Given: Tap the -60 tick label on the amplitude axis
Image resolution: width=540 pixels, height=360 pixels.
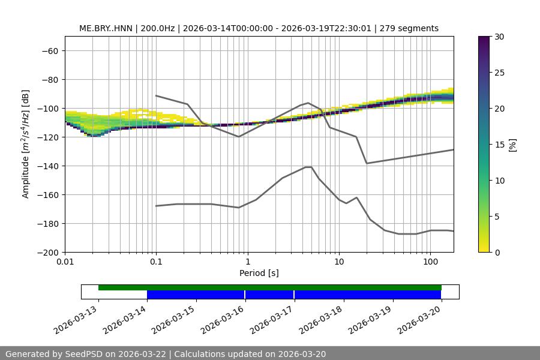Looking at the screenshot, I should click(49, 50).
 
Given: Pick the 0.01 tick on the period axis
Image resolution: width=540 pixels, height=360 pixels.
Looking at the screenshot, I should click(65, 262).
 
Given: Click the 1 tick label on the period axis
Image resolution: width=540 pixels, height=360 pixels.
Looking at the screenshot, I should click(247, 262).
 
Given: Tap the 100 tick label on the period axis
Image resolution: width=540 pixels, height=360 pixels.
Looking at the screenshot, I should click(430, 262).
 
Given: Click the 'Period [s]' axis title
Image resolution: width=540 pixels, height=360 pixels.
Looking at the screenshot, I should click(259, 273).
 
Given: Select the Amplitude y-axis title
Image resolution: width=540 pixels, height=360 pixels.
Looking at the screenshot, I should click(26, 144).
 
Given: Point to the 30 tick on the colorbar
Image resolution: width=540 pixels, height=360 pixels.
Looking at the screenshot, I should click(499, 37).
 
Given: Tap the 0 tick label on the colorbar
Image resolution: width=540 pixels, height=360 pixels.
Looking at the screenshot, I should click(497, 252).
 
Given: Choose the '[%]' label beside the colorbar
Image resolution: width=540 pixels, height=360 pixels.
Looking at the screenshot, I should click(512, 144).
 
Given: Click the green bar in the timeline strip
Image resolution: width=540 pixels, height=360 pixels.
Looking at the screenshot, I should click(270, 287).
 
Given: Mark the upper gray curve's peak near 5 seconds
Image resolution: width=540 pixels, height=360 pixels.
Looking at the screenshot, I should click(308, 103).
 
